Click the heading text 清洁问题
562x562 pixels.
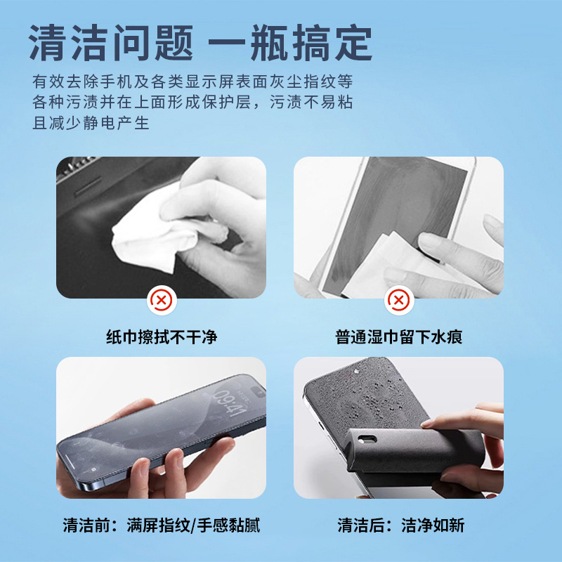[x=111, y=43]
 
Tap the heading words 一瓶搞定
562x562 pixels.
[x=290, y=43]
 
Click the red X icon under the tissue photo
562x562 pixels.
[x=162, y=301]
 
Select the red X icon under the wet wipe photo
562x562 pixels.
[x=399, y=301]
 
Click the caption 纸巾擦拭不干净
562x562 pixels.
[x=162, y=337]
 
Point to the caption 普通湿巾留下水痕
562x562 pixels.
[x=399, y=337]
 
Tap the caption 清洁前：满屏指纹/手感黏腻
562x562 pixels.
[x=162, y=525]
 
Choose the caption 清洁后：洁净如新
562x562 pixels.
[x=401, y=525]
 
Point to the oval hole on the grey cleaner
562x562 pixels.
[x=367, y=439]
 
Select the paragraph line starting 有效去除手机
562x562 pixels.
[x=192, y=81]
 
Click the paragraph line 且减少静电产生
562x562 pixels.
[x=91, y=123]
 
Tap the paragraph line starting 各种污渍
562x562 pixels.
[x=192, y=102]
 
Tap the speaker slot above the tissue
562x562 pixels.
[x=89, y=186]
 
